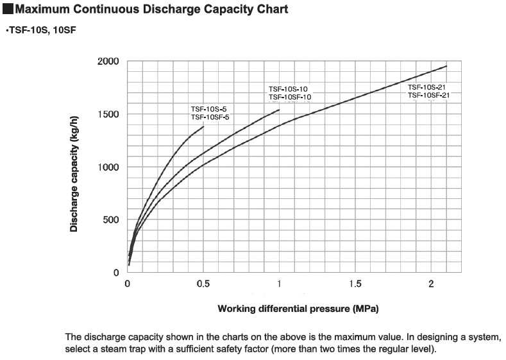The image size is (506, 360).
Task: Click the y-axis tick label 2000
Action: [108, 62]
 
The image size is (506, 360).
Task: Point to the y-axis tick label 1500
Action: [108, 114]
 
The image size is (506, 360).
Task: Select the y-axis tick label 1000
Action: [108, 167]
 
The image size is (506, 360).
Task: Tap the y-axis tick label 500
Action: [111, 219]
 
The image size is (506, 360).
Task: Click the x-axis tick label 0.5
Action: [203, 284]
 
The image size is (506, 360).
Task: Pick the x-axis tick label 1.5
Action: [355, 284]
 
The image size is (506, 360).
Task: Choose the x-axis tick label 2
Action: [431, 284]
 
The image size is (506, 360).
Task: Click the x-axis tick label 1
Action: [280, 284]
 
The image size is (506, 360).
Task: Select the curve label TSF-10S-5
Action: [209, 109]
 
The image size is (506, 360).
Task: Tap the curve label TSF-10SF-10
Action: [290, 97]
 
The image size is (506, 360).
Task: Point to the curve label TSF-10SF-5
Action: [210, 117]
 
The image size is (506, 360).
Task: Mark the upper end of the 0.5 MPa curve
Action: [203, 126]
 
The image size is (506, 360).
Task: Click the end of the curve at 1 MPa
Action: [280, 110]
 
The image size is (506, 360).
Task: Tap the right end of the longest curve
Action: [446, 66]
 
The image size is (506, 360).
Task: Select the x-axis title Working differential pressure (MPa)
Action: [298, 309]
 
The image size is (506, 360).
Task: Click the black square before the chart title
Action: [8, 10]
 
